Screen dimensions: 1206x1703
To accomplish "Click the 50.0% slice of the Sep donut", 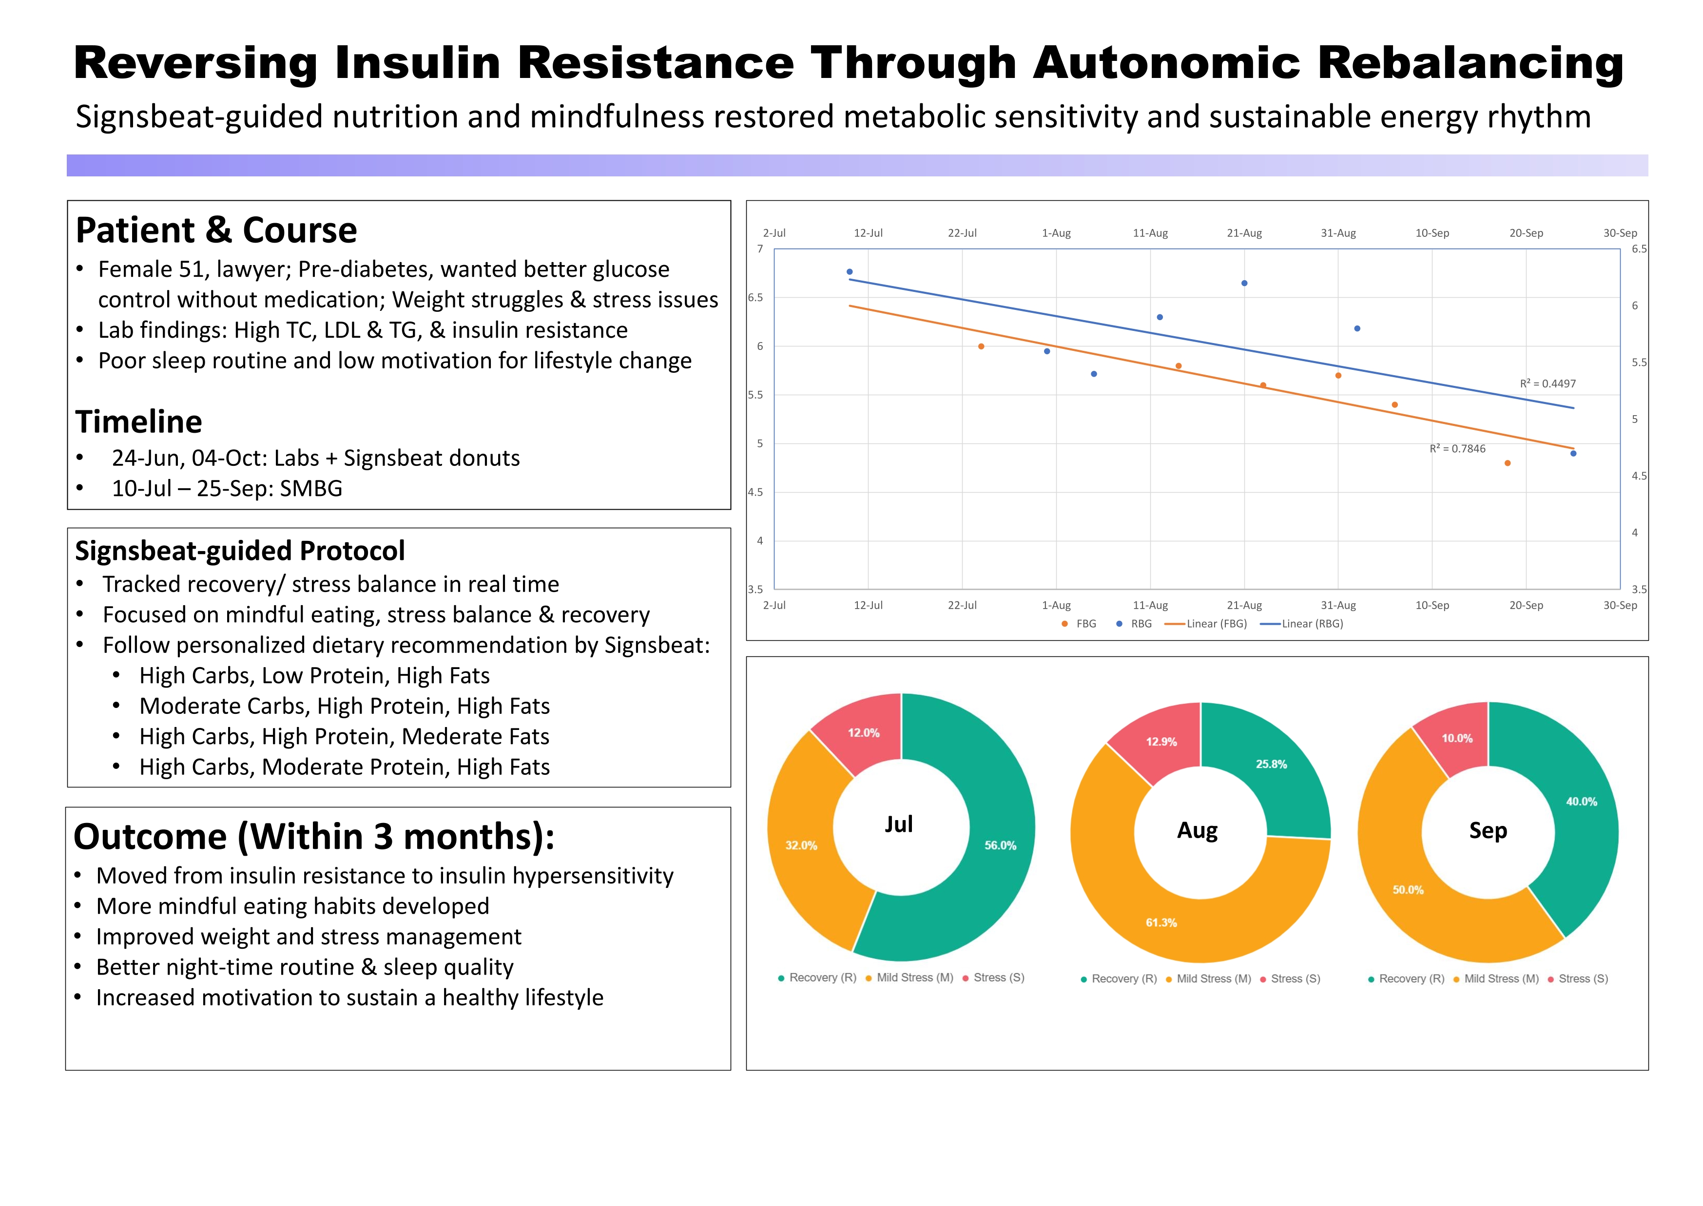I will [x=1408, y=890].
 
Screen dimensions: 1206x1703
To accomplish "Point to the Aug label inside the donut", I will [x=1197, y=830].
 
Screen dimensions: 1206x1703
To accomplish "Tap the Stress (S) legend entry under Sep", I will [x=1582, y=979].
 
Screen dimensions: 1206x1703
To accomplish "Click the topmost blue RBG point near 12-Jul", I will [x=850, y=272].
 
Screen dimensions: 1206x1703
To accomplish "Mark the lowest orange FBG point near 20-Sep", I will [x=1508, y=463].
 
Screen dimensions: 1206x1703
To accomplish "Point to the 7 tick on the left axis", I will [x=760, y=249].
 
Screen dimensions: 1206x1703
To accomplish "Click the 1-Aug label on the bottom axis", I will [x=1056, y=605].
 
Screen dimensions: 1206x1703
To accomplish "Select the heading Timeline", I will [x=139, y=422].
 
